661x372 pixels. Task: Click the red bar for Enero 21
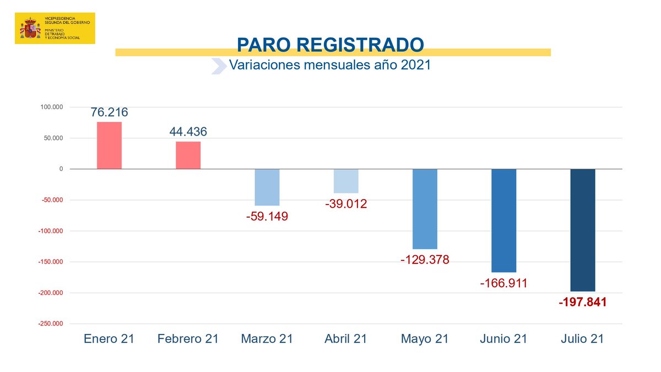[109, 145]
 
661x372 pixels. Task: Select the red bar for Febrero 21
[188, 155]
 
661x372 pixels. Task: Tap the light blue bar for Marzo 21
[267, 187]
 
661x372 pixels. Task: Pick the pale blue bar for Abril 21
[346, 181]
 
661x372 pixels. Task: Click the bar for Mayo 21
[425, 209]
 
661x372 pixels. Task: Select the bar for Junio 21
[503, 220]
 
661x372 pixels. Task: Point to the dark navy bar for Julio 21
[582, 230]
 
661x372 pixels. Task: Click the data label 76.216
[109, 112]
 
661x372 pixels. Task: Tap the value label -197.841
[582, 303]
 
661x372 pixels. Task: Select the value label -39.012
[346, 204]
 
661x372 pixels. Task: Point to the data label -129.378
[425, 260]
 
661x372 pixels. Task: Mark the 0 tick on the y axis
[61, 169]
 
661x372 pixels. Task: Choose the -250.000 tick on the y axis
[51, 324]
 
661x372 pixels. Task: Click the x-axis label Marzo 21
[267, 338]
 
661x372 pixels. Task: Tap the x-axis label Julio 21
[582, 338]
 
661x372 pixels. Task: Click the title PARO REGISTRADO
[330, 45]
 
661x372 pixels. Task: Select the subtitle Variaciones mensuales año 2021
[329, 65]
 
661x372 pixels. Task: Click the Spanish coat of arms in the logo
[30, 28]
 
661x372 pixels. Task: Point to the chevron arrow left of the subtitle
[219, 66]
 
